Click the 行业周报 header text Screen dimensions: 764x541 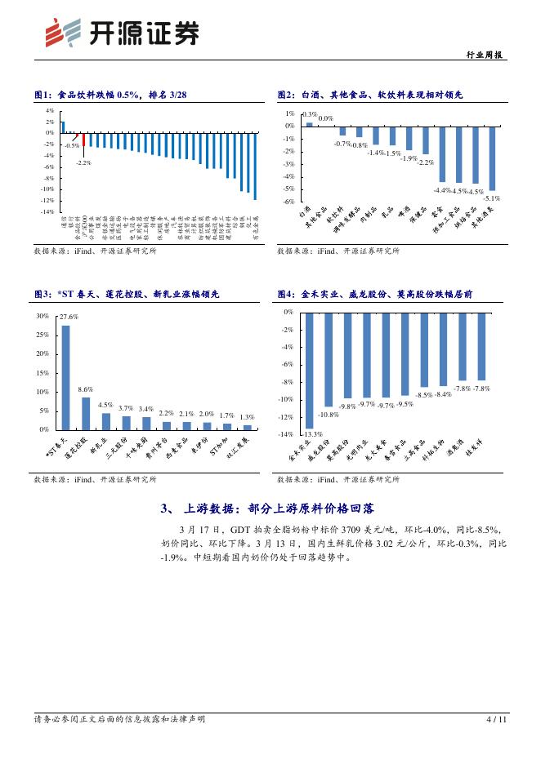pyautogui.click(x=487, y=56)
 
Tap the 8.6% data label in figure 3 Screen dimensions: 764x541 pyautogui.click(x=86, y=390)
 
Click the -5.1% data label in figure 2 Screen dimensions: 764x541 pyautogui.click(x=492, y=198)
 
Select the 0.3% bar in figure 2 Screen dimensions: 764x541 pyautogui.click(x=310, y=124)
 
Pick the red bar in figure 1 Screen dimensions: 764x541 pyautogui.click(x=83, y=139)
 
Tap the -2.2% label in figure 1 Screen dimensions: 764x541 pyautogui.click(x=83, y=163)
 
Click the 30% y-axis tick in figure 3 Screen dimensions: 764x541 pyautogui.click(x=43, y=315)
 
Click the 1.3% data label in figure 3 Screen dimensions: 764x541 pyautogui.click(x=247, y=417)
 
